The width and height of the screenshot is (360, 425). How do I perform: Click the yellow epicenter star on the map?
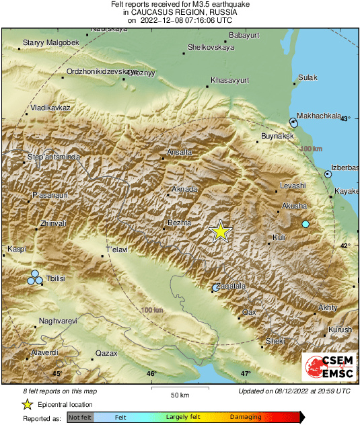pyautogui.click(x=220, y=231)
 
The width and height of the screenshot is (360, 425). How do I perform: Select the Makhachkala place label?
pyautogui.click(x=319, y=116)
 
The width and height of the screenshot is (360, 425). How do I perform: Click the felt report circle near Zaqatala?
pyautogui.click(x=215, y=288)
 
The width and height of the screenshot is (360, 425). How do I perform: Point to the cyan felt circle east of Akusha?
pyautogui.click(x=305, y=224)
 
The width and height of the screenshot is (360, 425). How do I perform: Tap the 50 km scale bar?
pyautogui.click(x=178, y=388)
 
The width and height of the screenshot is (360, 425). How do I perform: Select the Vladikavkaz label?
pyautogui.click(x=51, y=108)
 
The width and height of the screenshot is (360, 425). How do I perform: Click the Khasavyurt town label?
pyautogui.click(x=230, y=80)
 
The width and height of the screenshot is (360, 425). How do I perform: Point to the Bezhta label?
pyautogui.click(x=179, y=222)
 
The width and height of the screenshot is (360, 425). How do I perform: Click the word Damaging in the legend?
pyautogui.click(x=246, y=418)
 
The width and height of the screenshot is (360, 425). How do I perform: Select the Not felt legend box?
pyautogui.click(x=80, y=418)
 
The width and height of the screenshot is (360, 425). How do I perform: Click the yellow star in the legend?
pyautogui.click(x=27, y=405)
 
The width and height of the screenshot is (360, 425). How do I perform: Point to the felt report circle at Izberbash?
pyautogui.click(x=328, y=174)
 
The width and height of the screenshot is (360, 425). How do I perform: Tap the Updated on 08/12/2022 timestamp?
pyautogui.click(x=294, y=391)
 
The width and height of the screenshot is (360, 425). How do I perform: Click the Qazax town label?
pyautogui.click(x=106, y=353)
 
